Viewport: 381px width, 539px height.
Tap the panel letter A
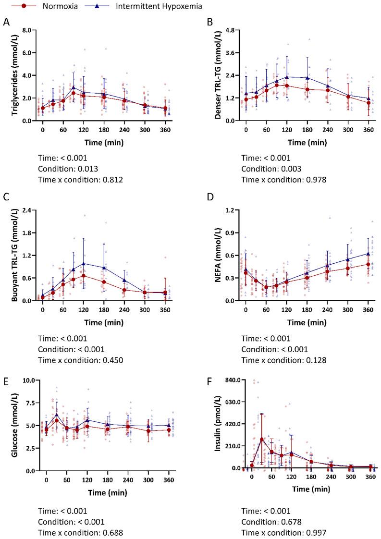pyautogui.click(x=6, y=22)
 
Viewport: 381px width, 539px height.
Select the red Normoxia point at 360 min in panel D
pyautogui.click(x=368, y=264)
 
